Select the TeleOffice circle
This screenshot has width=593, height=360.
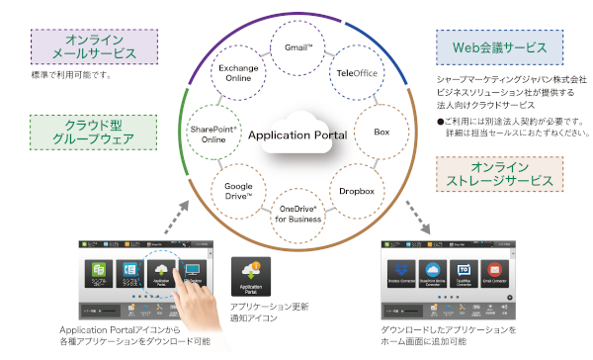(x=359, y=71)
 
